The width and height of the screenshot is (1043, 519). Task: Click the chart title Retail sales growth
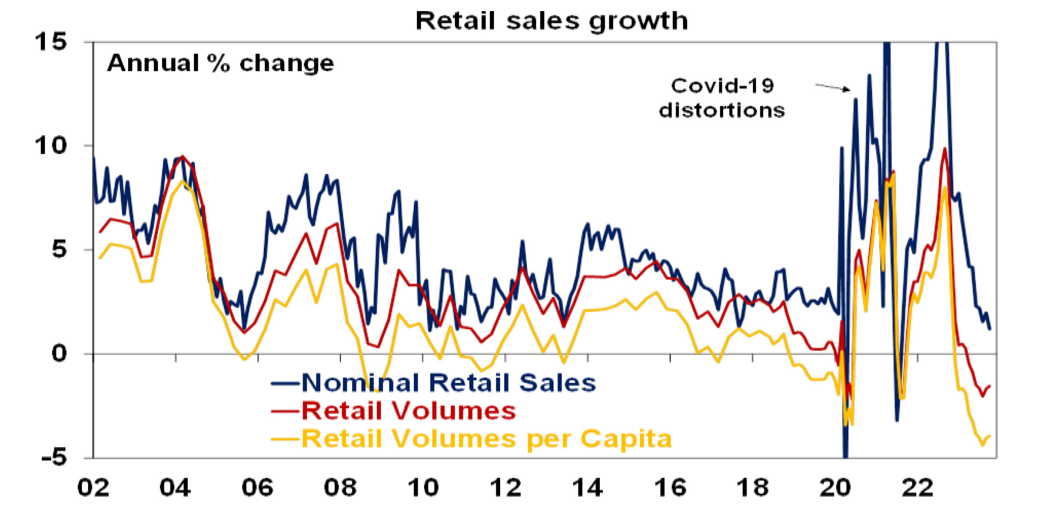551,21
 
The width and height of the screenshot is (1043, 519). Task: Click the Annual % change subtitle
220,63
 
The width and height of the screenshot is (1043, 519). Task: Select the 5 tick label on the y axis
59,249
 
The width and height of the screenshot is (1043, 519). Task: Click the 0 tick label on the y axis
59,354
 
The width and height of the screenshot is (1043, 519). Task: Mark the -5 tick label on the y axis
54,457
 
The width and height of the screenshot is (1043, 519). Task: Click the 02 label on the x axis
93,488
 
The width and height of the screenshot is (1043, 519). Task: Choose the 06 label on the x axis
257,488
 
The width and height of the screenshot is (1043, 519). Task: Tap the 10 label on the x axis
423,488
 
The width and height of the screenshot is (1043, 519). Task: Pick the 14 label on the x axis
587,488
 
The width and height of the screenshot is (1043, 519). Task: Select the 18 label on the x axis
752,488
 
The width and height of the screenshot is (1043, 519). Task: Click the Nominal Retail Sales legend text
449,383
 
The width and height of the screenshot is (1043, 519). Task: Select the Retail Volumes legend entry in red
408,410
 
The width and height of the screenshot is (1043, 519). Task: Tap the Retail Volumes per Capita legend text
486,439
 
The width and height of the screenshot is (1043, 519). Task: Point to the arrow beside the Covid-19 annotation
833,87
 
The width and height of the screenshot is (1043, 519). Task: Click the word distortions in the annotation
722,110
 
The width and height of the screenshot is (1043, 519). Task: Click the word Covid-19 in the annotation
722,86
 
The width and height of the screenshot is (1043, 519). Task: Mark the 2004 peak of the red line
182,157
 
